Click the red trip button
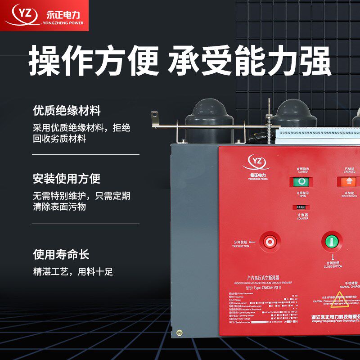270,242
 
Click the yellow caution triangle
339,297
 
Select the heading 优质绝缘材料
67,111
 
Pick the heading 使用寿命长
61,254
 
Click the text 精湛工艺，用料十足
73,272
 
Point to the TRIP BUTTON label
240,246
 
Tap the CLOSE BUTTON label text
333,266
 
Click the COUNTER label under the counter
302,218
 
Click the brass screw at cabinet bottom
179,333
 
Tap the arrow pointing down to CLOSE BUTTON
332,256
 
